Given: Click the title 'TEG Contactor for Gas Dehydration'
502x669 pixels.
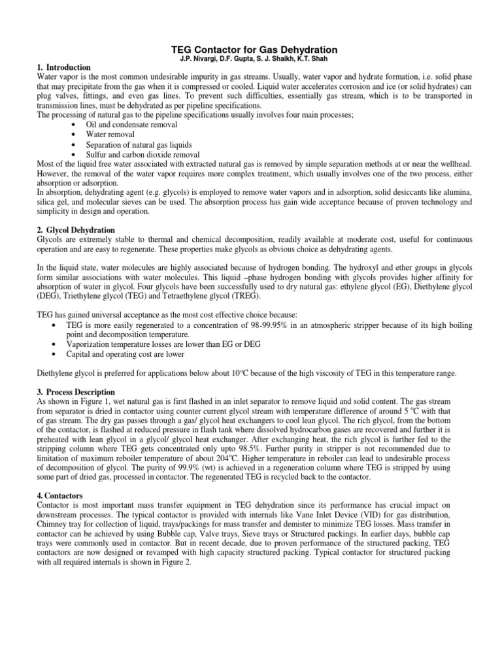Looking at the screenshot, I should [x=254, y=50].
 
